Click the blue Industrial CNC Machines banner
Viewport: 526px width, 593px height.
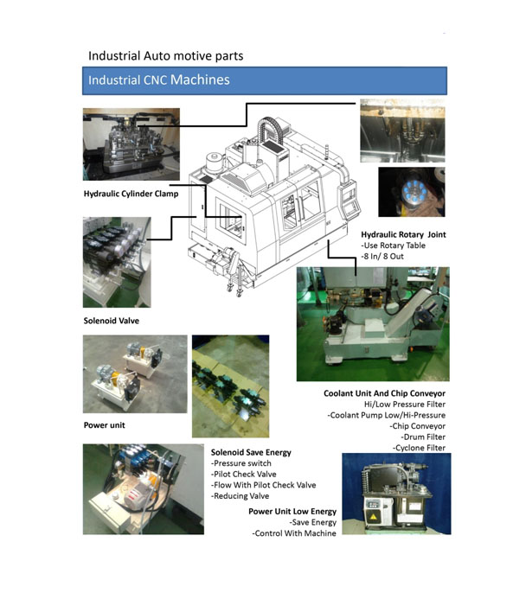point(265,80)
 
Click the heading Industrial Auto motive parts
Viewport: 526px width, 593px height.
point(166,56)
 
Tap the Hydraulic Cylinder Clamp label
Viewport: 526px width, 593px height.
point(131,194)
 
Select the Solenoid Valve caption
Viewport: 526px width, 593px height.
point(112,321)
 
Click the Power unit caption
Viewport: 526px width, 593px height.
point(104,425)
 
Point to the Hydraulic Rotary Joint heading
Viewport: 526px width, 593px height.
point(403,234)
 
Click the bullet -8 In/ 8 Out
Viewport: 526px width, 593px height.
point(382,257)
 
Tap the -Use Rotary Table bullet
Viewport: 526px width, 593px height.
point(393,245)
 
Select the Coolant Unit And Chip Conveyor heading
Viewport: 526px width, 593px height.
point(384,393)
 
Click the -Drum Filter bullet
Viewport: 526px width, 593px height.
point(423,437)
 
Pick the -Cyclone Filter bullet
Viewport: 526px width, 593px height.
point(419,448)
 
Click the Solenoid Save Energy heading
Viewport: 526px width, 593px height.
point(251,452)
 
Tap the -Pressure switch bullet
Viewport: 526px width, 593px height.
point(241,463)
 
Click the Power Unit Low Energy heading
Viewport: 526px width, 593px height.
point(292,512)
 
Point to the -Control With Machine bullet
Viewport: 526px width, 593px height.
point(294,533)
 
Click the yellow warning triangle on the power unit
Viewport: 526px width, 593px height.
point(374,517)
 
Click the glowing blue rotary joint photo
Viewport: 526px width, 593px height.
point(412,192)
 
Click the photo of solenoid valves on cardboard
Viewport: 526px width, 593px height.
point(230,386)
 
